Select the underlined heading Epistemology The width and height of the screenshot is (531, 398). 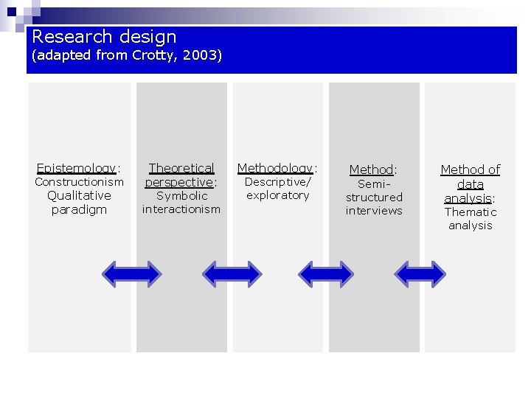click(76, 169)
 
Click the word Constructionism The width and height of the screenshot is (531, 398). click(79, 182)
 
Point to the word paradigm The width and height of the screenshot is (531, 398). click(79, 209)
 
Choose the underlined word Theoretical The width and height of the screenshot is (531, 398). click(181, 168)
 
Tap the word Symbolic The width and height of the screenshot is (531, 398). click(181, 196)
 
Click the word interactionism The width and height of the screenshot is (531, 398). click(181, 209)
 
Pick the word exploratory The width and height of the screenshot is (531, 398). click(278, 195)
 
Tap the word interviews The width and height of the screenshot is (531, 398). click(374, 211)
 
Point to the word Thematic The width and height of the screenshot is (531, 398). click(470, 212)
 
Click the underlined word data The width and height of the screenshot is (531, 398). click(470, 184)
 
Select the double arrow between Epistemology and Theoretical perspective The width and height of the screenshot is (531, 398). click(131, 274)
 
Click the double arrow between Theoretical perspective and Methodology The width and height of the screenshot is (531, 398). click(232, 274)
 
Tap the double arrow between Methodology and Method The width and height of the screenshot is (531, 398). click(326, 274)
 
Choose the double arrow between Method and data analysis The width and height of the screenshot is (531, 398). click(420, 274)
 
